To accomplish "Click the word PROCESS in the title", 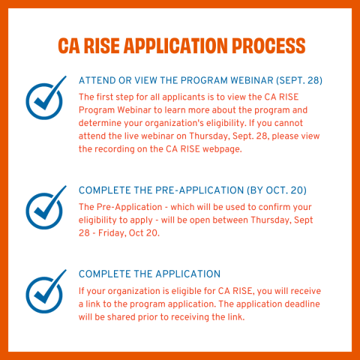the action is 268,46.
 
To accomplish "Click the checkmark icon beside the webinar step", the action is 46,97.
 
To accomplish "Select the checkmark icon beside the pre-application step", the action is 46,208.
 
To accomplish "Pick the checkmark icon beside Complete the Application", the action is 46,292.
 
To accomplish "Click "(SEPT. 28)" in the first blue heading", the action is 299,80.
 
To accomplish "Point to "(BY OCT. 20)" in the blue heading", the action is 277,190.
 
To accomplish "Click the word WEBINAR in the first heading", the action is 252,80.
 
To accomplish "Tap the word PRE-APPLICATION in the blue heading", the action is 199,190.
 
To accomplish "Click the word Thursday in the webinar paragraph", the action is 209,136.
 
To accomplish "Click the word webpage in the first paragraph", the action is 222,149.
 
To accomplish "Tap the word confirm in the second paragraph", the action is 274,207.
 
